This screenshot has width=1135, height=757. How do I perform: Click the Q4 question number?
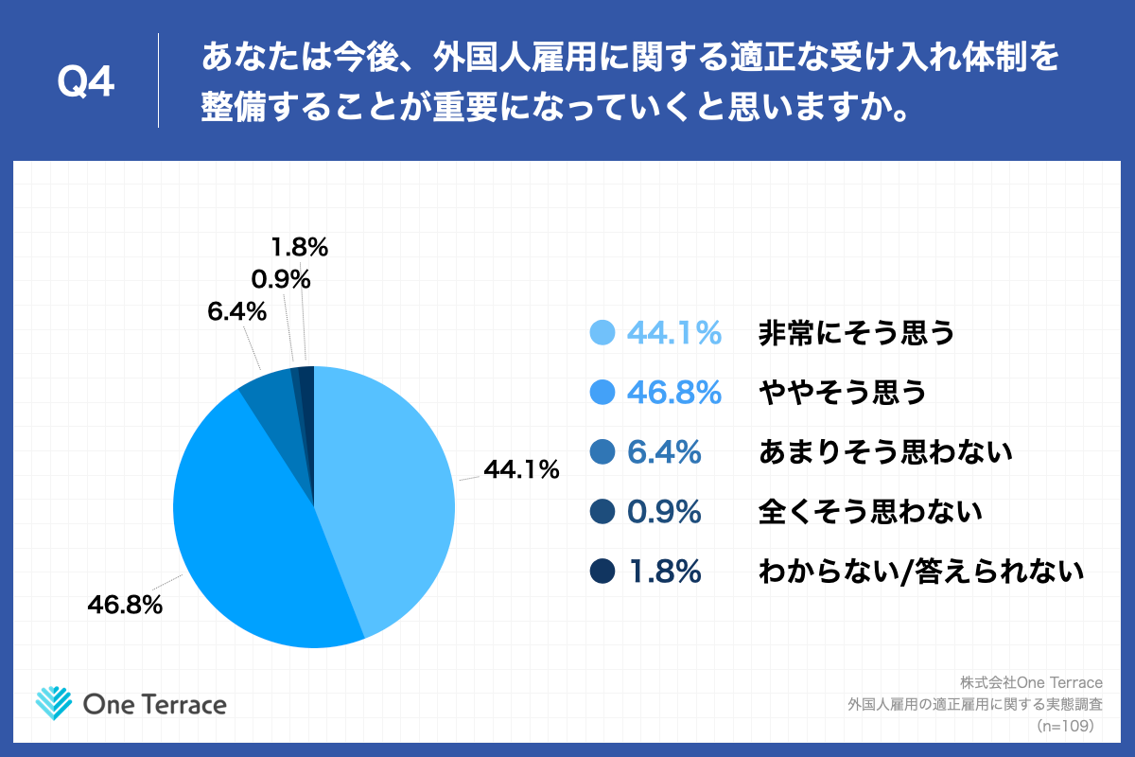(x=86, y=82)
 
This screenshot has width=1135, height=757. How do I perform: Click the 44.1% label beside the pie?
(x=521, y=468)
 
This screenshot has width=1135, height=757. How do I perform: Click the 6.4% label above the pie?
(x=236, y=310)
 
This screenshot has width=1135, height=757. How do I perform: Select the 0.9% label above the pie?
(x=281, y=279)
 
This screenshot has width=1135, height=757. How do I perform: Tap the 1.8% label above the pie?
(x=299, y=248)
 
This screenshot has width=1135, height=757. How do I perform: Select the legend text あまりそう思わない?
(x=885, y=452)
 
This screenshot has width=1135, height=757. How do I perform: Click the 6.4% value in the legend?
(x=664, y=452)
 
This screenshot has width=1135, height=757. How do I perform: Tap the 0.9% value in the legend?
(x=664, y=512)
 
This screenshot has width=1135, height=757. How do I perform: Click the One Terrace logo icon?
(x=54, y=703)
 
